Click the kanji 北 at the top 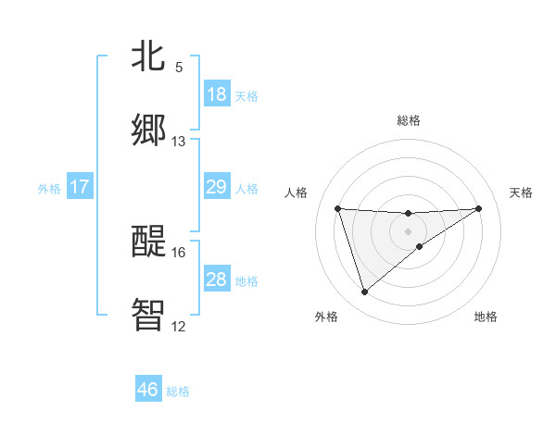pyautogui.click(x=149, y=56)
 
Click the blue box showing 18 pyautogui.click(x=217, y=94)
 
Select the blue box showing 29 pyautogui.click(x=217, y=187)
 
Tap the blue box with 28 pyautogui.click(x=217, y=280)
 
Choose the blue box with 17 pyautogui.click(x=80, y=187)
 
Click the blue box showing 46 pyautogui.click(x=148, y=390)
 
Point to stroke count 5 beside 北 pyautogui.click(x=179, y=68)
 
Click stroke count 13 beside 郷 pyautogui.click(x=179, y=142)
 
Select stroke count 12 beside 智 pyautogui.click(x=179, y=326)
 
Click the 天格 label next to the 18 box pyautogui.click(x=246, y=95)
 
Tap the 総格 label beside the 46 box pyautogui.click(x=178, y=391)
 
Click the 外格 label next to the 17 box pyautogui.click(x=49, y=189)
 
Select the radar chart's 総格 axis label pyautogui.click(x=409, y=120)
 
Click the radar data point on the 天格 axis pyautogui.click(x=479, y=208)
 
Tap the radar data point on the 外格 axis pyautogui.click(x=364, y=292)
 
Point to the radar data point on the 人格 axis pyautogui.click(x=338, y=208)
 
